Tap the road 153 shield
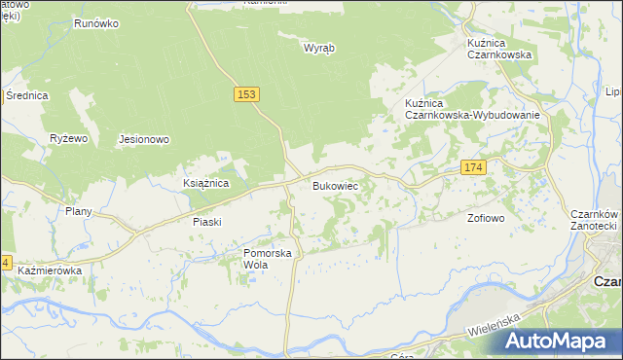point(246,93)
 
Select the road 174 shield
point(473,168)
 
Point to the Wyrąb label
point(318,48)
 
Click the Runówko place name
point(95,21)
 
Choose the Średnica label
point(26,95)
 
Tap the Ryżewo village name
point(69,139)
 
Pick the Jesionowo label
point(144,139)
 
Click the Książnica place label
point(205,182)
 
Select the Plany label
point(78,211)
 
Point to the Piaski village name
point(206,222)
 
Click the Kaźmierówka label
point(50,270)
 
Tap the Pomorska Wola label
point(268,259)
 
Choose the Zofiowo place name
point(486,218)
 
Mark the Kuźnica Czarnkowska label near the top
point(498,49)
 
